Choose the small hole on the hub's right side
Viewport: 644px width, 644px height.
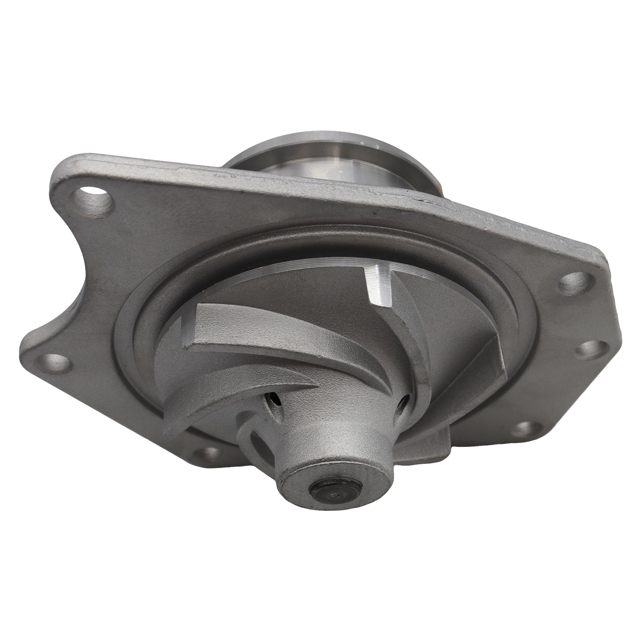pyautogui.click(x=403, y=405)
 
